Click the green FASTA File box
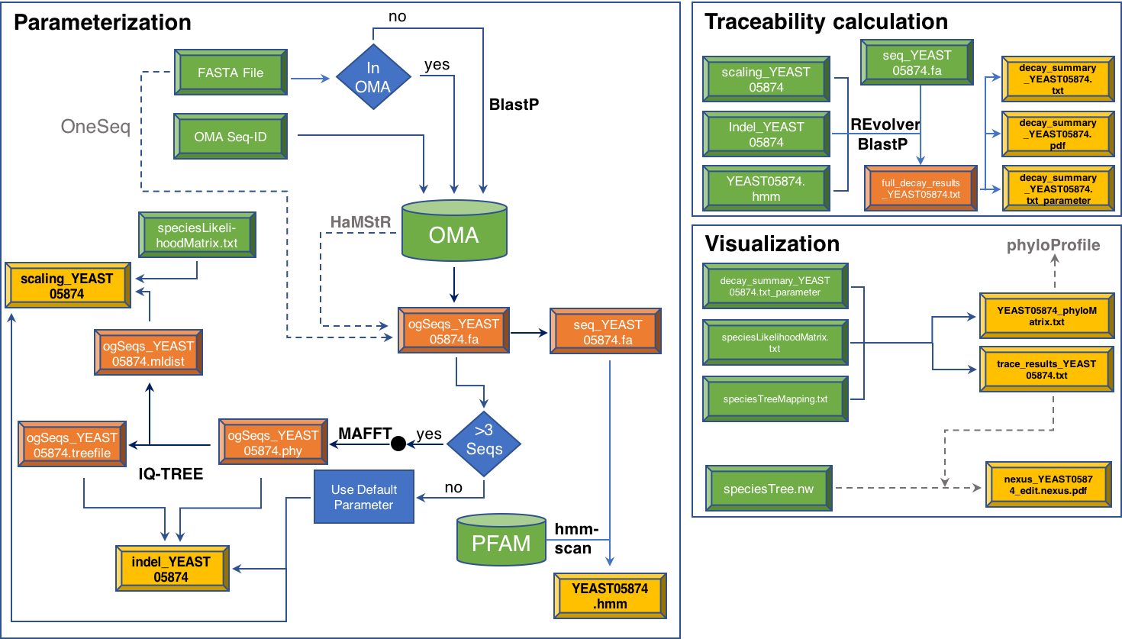tap(231, 73)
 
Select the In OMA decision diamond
tap(373, 77)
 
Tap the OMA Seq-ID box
tap(231, 137)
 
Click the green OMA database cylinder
tap(454, 231)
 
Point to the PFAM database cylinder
tap(501, 541)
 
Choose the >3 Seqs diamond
tap(484, 441)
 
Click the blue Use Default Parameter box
tap(364, 497)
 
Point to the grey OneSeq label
tap(95, 126)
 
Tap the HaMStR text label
tap(360, 221)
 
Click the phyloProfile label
tap(1053, 245)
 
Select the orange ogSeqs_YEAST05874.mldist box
tap(148, 353)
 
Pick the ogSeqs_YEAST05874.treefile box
tap(72, 444)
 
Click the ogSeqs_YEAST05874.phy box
tap(273, 442)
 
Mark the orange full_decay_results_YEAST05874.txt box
tap(920, 189)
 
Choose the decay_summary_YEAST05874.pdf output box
tap(1057, 134)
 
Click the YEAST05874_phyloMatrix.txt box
tap(1046, 316)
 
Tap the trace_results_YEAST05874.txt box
tap(1046, 370)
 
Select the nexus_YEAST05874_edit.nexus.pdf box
tap(1048, 485)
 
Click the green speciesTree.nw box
tap(769, 489)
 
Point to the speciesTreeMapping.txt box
tap(775, 399)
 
